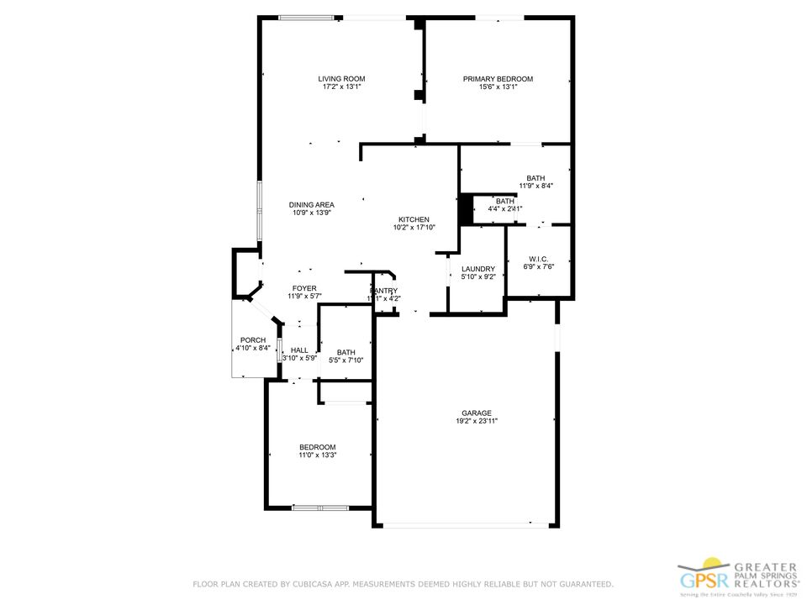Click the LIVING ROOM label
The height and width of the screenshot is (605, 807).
coord(341,79)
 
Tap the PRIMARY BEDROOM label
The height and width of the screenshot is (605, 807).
coord(498,79)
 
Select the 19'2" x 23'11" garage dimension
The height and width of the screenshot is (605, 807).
coord(476,421)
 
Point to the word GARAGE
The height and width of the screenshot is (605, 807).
coord(476,413)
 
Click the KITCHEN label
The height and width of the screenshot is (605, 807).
coord(414,219)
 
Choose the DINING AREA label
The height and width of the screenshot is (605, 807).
coord(312,205)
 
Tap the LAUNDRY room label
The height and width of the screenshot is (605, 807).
coord(477,269)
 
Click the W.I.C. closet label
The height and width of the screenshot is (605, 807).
coord(539,259)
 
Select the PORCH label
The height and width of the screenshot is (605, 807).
coord(253,339)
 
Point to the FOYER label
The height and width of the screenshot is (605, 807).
coord(304,288)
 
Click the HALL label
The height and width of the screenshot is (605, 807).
coord(299,350)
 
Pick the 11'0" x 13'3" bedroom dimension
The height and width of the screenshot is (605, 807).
coord(318,455)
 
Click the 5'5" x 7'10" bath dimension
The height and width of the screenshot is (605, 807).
coord(346,360)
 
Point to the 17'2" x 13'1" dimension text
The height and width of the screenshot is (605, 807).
coord(341,87)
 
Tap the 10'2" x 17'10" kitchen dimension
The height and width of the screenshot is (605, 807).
coord(414,228)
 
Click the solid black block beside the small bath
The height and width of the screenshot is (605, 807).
coord(464,209)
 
